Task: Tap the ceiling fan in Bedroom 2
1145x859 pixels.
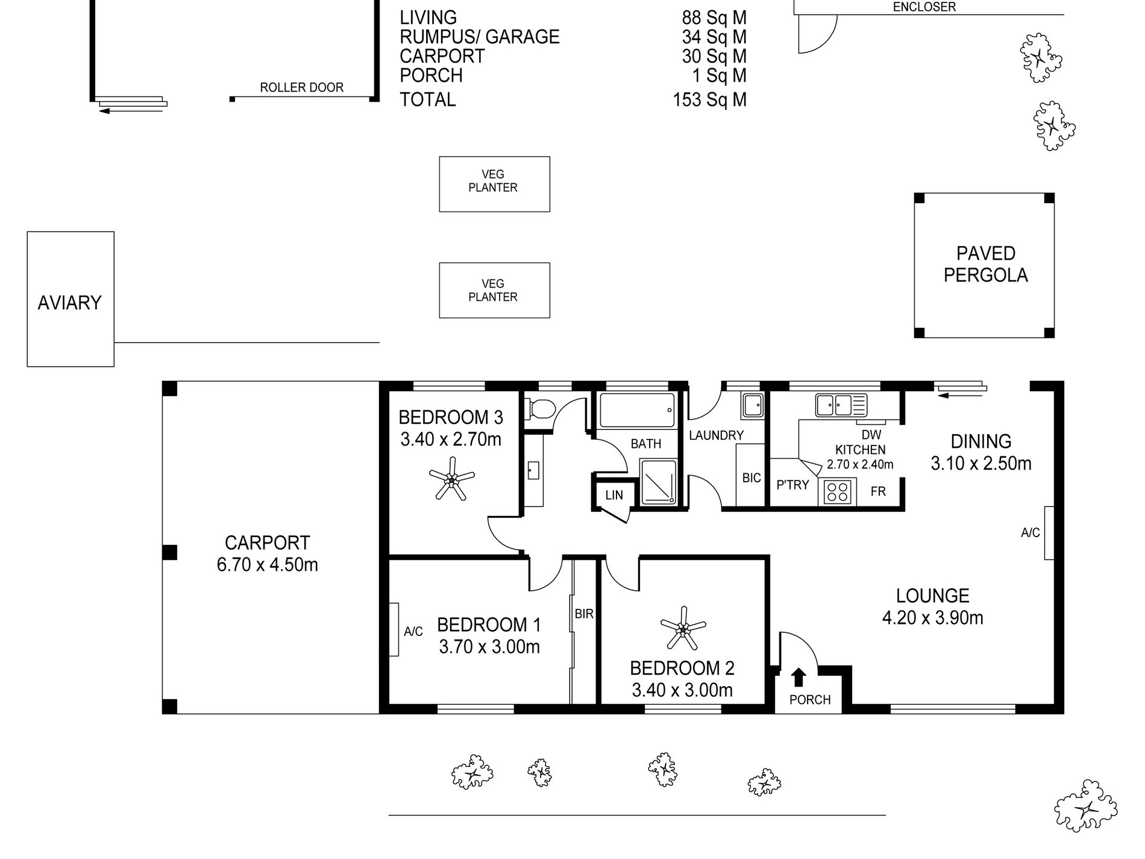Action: tap(683, 630)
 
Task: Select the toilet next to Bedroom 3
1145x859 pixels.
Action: tap(540, 409)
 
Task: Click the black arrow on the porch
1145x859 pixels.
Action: tap(798, 678)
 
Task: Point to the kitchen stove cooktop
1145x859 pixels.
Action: tap(837, 491)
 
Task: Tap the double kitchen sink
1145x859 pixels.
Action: tap(841, 404)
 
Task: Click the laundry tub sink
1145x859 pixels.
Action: tap(753, 405)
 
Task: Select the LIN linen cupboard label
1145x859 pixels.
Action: tap(614, 496)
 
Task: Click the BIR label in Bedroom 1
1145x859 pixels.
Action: tap(584, 614)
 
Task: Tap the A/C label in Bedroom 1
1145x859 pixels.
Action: tap(413, 631)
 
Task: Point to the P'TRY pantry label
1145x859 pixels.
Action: tap(792, 485)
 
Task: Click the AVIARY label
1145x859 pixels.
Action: tap(70, 303)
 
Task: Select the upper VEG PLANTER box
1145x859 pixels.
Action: tap(494, 184)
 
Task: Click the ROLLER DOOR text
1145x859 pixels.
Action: tap(301, 87)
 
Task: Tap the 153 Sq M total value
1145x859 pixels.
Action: tap(710, 99)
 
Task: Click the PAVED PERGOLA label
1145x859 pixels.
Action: tap(985, 264)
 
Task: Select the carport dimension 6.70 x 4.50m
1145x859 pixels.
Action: tap(268, 565)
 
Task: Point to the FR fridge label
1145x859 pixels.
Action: tap(878, 491)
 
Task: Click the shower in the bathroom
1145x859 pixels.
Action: tap(658, 482)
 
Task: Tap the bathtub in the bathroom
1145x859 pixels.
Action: tap(638, 410)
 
